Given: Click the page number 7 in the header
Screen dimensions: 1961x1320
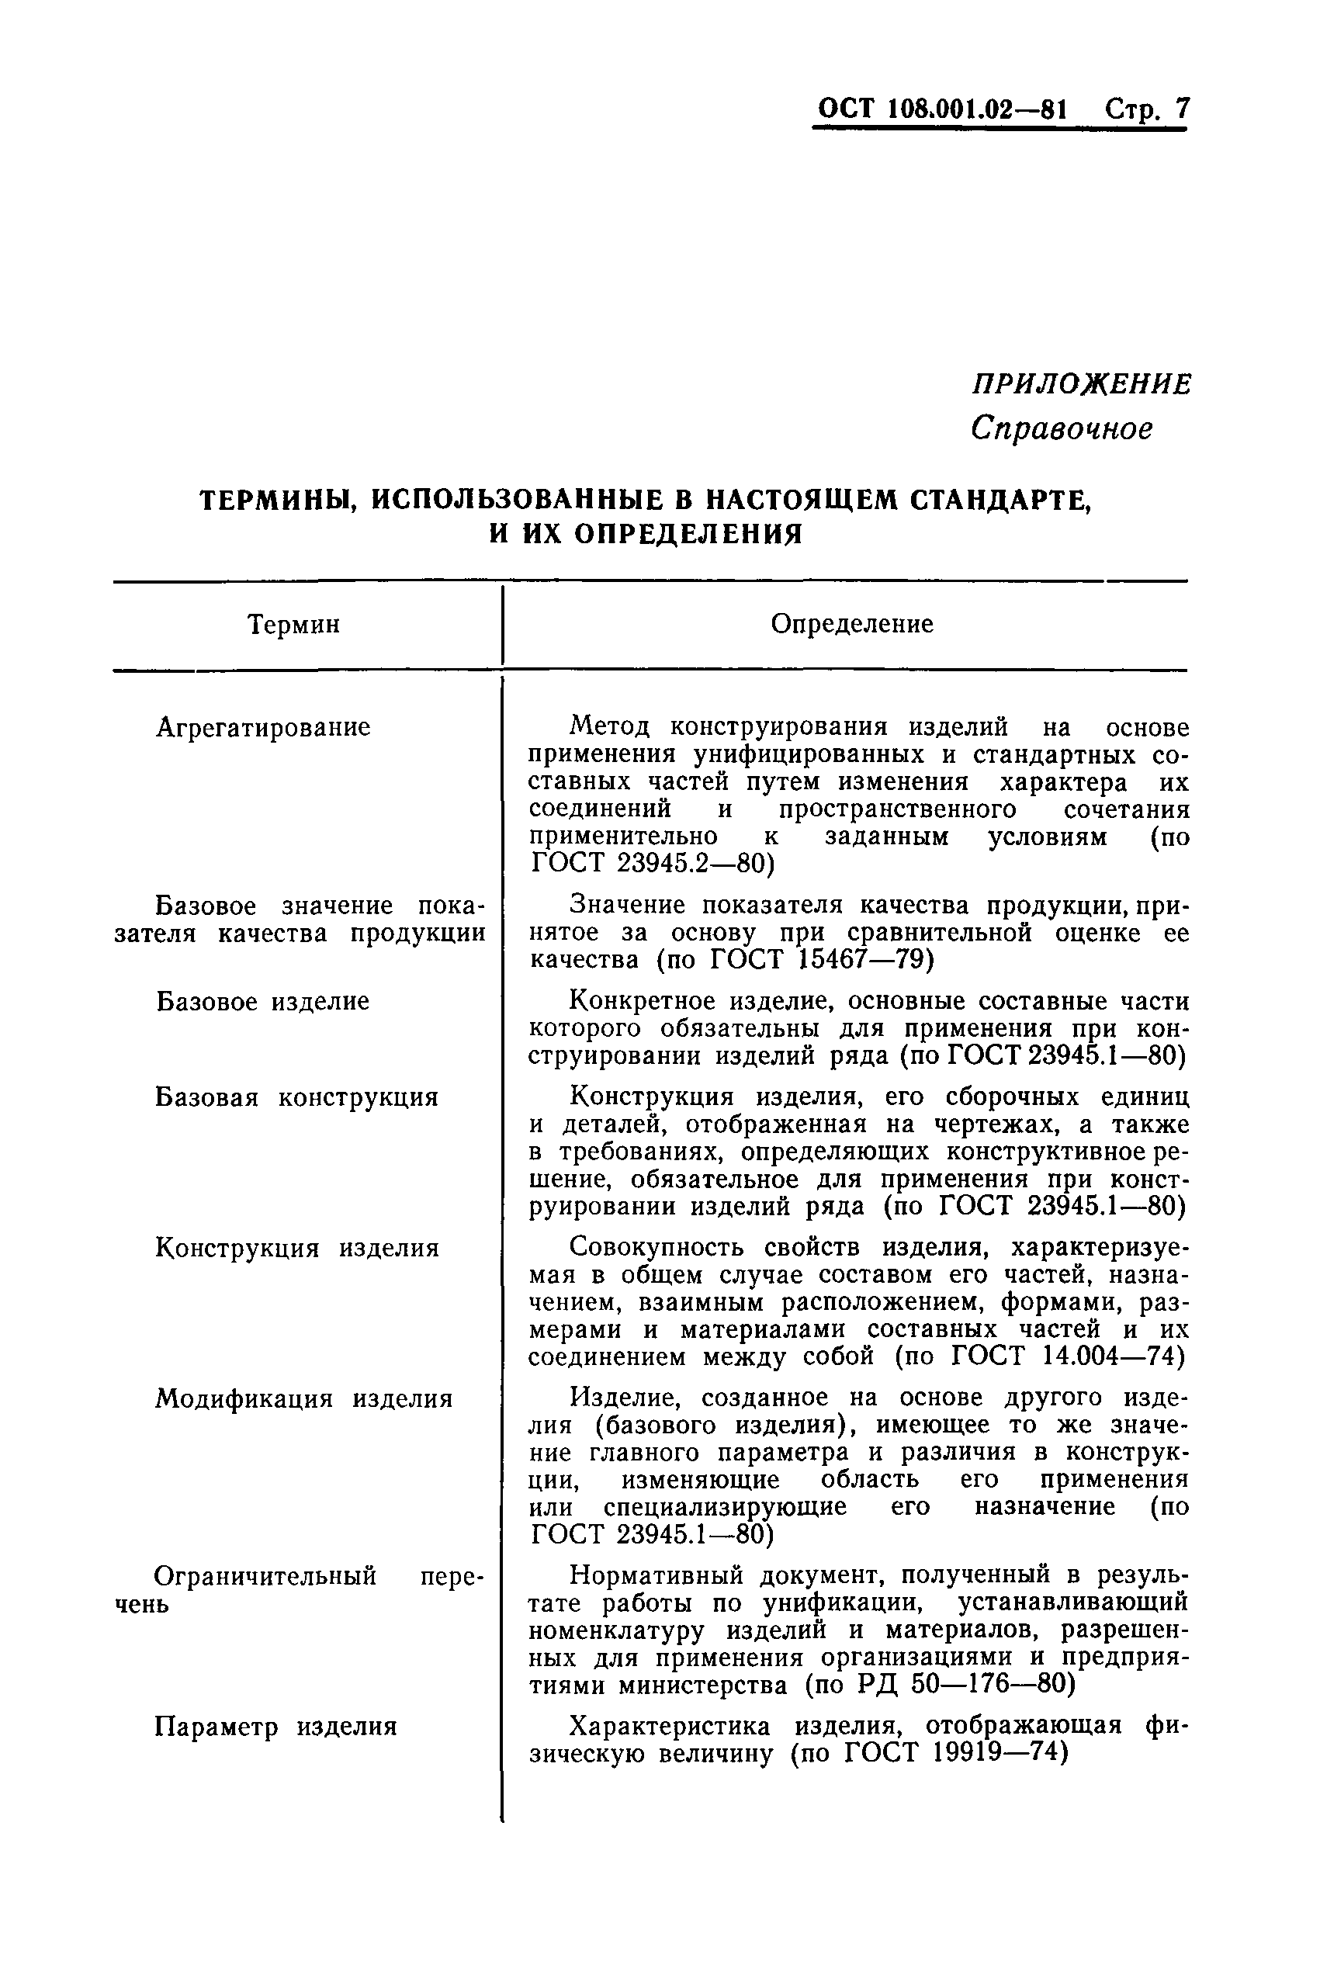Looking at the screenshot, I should (1182, 109).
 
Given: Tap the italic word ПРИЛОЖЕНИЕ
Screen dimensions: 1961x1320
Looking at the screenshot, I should (1082, 384).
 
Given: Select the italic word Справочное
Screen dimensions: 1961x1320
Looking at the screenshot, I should (1062, 428).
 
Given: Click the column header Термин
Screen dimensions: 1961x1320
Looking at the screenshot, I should (294, 625).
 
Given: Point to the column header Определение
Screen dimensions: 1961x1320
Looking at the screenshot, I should (852, 624).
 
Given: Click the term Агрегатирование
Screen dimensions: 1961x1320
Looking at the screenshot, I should (264, 726).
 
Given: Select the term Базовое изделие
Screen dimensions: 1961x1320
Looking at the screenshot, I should (262, 1001).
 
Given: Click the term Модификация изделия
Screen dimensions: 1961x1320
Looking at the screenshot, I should (304, 1399).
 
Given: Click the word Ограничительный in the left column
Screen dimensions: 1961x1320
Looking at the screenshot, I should (266, 1575).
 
